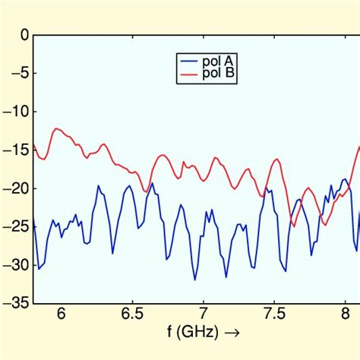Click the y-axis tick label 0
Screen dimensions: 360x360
coord(24,35)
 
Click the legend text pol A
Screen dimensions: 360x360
coord(218,61)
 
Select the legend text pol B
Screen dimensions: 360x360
coord(218,74)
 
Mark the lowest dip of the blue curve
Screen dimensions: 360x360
coord(194,279)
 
